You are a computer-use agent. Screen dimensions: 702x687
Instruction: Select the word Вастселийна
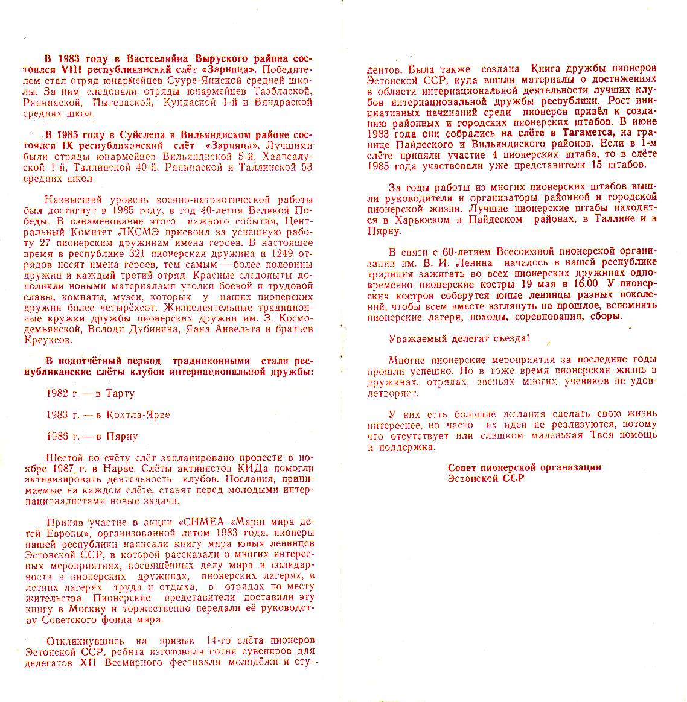pos(158,59)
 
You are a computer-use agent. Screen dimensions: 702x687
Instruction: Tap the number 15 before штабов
pos(598,165)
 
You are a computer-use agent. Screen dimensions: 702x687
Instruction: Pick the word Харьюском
pos(429,219)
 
